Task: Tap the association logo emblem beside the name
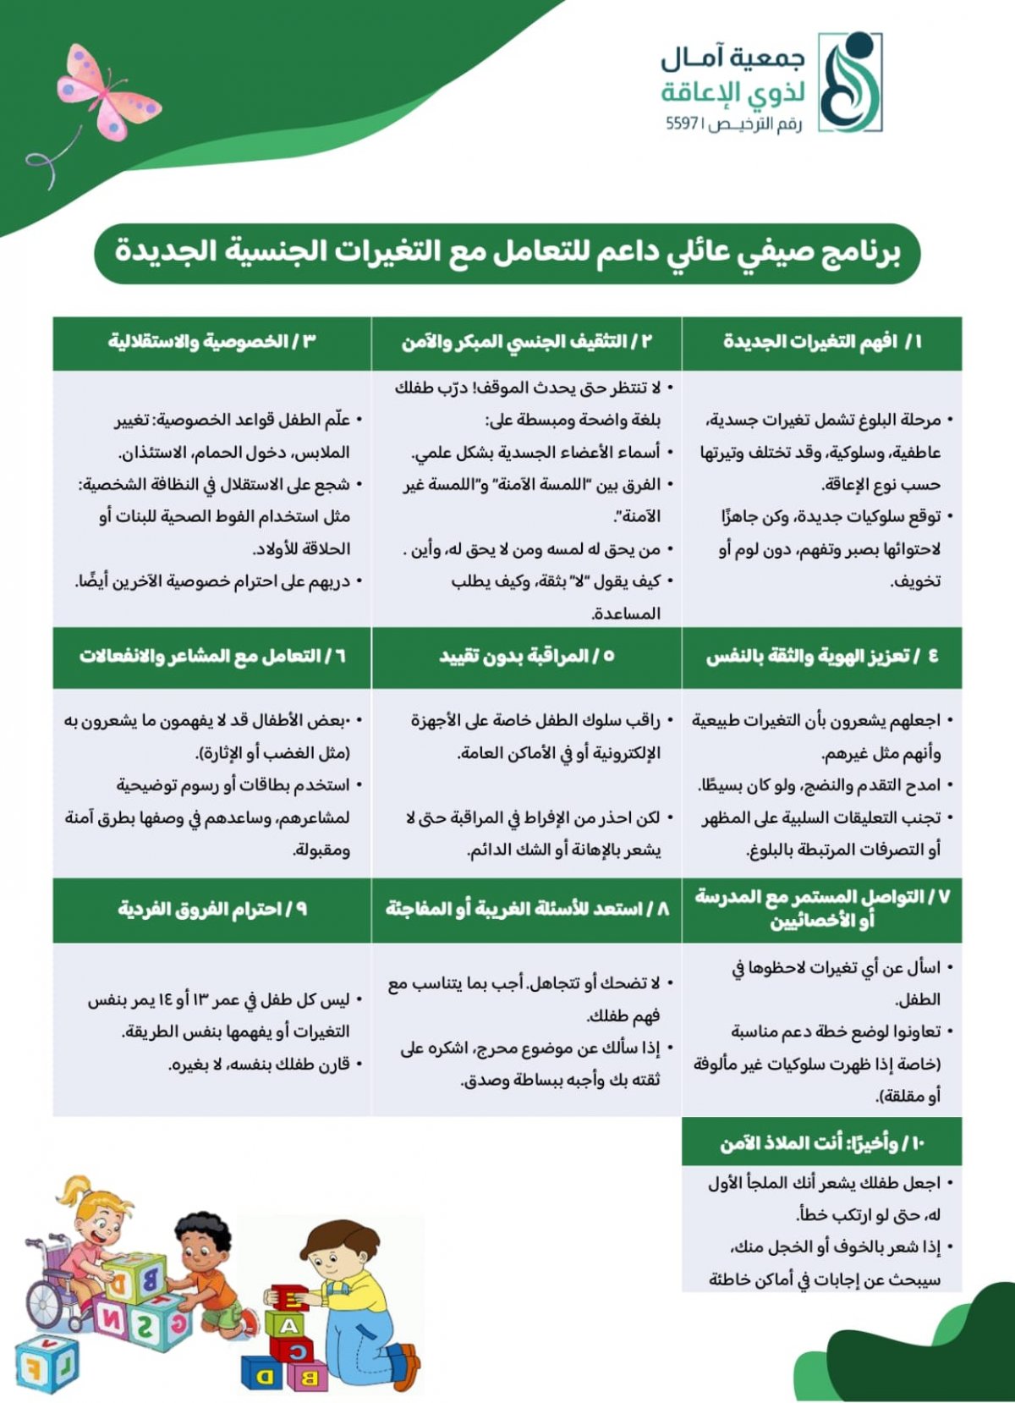tap(850, 83)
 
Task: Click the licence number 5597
tap(680, 124)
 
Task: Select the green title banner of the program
tap(507, 252)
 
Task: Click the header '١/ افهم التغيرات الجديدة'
tap(821, 342)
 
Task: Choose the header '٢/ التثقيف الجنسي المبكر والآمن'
tap(527, 342)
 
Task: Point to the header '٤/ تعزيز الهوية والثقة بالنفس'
tap(821, 657)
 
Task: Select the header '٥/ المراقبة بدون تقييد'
tap(527, 657)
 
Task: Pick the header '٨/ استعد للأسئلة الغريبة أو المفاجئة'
tap(527, 910)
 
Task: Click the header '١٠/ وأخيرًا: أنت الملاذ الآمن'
tap(821, 1144)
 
